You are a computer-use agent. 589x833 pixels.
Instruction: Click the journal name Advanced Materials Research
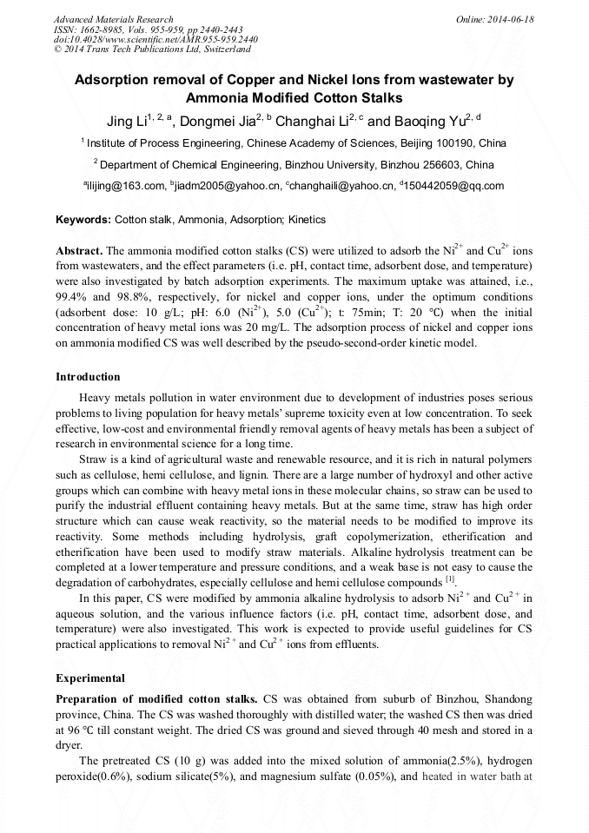click(x=113, y=19)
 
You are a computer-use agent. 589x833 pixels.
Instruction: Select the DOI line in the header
click(x=156, y=39)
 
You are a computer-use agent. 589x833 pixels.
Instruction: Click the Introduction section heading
click(x=88, y=377)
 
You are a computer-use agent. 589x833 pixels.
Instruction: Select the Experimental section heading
click(x=90, y=678)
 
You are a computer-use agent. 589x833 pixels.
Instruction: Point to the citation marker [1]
click(x=450, y=579)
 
